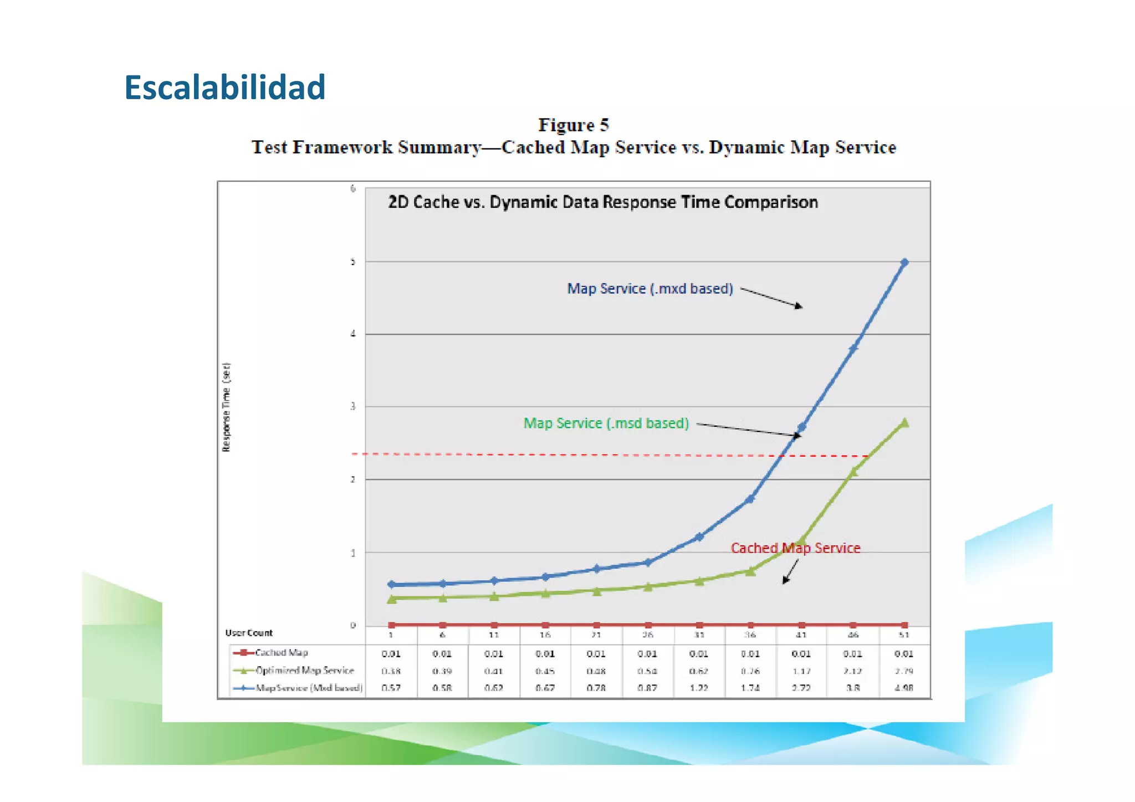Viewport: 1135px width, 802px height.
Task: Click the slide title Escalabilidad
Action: pos(224,88)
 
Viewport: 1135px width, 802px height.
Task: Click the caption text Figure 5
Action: pos(574,125)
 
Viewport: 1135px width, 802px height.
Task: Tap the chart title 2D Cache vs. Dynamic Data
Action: pos(602,202)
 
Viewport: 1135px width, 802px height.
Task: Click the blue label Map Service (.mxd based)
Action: pos(650,289)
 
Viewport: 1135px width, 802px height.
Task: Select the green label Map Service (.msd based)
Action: pos(606,423)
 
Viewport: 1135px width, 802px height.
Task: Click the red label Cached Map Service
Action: pos(795,548)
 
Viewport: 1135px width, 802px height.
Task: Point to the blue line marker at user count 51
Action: pos(904,263)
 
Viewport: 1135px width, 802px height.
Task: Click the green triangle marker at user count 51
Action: pos(904,423)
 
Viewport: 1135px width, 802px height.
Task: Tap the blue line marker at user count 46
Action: pos(853,348)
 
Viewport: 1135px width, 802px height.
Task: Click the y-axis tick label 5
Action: pos(353,262)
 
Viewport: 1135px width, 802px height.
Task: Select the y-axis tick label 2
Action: pos(353,479)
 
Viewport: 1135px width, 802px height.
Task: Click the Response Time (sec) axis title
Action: pos(226,407)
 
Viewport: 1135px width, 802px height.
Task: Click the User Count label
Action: pos(249,633)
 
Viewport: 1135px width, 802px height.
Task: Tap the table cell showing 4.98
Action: pos(904,688)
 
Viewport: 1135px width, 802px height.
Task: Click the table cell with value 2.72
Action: pos(801,688)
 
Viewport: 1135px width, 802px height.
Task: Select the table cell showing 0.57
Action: pos(391,688)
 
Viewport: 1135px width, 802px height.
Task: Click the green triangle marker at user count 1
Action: pos(392,599)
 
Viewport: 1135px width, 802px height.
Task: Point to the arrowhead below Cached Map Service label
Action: pos(785,580)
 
